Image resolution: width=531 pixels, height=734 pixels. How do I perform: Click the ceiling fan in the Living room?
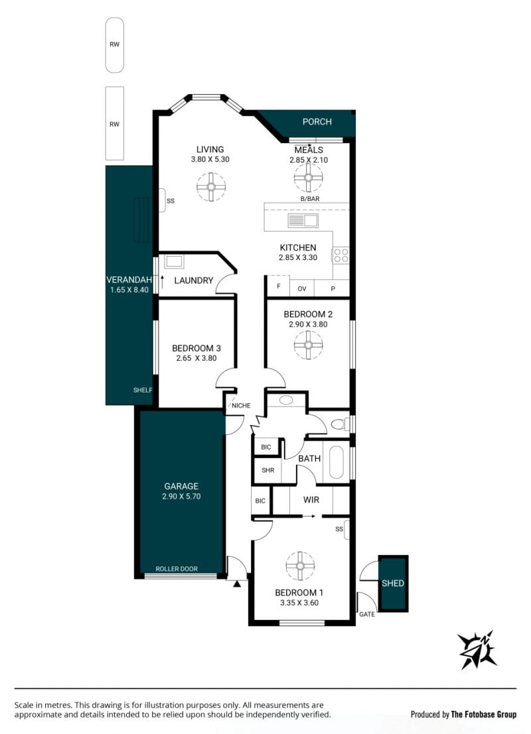[211, 187]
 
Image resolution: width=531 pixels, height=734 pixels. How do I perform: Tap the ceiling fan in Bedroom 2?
[308, 345]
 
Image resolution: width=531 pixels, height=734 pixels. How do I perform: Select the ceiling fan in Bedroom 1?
[300, 566]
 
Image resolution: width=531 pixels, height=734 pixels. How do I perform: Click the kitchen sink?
[303, 220]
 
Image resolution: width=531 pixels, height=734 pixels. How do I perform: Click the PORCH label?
[317, 122]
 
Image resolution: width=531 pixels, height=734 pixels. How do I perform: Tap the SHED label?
[393, 583]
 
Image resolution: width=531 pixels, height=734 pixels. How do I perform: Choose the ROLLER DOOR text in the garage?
[177, 569]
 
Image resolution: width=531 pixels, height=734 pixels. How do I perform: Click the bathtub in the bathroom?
[337, 462]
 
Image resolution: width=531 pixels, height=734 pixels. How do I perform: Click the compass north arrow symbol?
[477, 650]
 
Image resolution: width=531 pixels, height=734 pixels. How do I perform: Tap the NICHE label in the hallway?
[241, 405]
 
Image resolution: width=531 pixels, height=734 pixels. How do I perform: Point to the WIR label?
[311, 500]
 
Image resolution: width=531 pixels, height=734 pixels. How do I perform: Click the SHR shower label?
[268, 470]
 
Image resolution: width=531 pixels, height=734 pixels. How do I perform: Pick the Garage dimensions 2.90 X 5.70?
[181, 496]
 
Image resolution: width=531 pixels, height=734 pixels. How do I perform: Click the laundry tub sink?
[174, 261]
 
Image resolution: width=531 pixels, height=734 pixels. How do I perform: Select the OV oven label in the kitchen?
[302, 289]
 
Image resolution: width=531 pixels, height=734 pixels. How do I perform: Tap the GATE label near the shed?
[367, 614]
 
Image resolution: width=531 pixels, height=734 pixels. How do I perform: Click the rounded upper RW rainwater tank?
[114, 45]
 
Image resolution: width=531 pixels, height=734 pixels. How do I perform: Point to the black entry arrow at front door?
[237, 583]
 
